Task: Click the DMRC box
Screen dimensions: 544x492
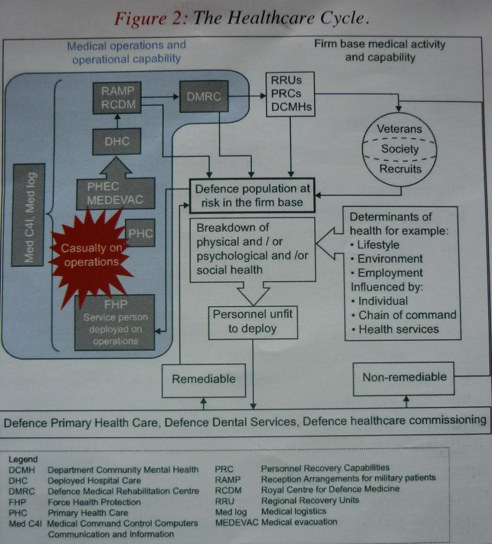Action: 204,97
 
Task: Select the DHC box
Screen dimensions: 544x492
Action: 117,141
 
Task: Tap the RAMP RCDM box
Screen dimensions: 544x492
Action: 117,98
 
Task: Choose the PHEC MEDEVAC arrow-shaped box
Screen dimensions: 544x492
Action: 115,193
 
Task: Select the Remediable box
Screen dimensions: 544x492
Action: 203,379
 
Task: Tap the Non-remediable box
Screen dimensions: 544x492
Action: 404,378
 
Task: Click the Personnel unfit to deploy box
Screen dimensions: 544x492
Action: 253,322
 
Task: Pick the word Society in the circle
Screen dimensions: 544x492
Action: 400,149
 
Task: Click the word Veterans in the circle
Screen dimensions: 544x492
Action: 399,129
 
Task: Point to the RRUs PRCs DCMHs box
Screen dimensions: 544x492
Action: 290,94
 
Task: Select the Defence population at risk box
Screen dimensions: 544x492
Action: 252,196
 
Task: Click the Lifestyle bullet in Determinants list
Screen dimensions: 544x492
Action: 378,245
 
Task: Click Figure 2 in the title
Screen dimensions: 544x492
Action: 150,18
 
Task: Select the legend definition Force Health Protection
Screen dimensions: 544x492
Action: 94,502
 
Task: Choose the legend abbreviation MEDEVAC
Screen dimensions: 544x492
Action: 236,523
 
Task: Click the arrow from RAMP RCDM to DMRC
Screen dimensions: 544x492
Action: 160,97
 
